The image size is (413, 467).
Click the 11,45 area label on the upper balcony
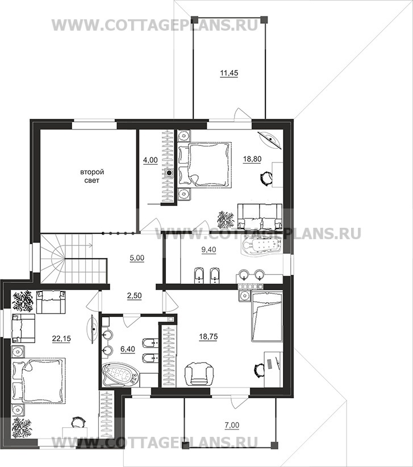pos(229,73)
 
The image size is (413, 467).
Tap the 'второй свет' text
pos(92,176)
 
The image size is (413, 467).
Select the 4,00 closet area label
pos(151,160)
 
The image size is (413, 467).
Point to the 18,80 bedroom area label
pos(252,159)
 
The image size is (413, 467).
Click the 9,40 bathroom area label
pos(208,249)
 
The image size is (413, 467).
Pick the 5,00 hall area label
pos(137,258)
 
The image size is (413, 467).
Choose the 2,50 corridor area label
pos(134,296)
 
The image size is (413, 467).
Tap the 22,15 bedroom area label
pos(61,339)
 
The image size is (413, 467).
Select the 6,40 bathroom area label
pos(127,349)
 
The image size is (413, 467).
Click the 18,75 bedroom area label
pos(208,337)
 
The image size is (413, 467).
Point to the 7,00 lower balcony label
pos(232,426)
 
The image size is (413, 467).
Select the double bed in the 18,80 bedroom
pos(205,165)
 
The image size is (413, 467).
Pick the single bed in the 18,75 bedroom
pos(267,316)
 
